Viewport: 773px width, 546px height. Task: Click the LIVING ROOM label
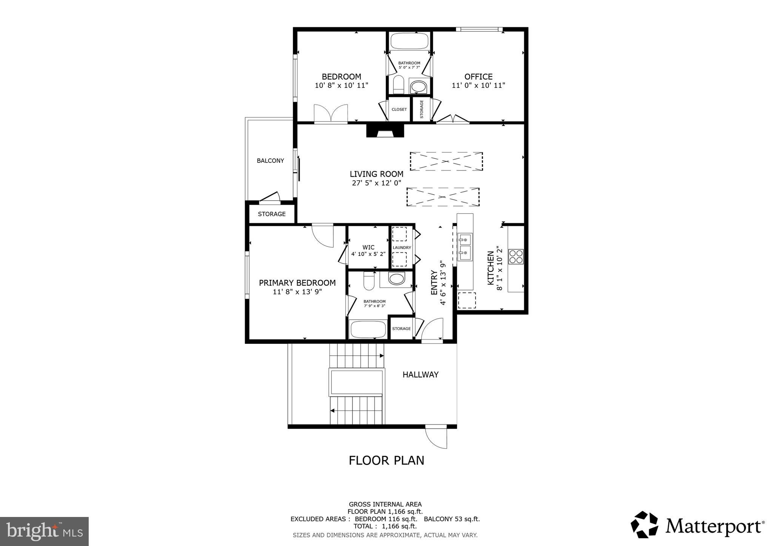376,174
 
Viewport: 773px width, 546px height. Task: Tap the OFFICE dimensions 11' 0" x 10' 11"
478,86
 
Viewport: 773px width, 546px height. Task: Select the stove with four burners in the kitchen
516,256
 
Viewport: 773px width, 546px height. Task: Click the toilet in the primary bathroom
369,282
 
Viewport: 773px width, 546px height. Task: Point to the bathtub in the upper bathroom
409,41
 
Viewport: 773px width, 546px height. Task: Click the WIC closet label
368,247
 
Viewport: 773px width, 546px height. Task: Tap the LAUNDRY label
402,248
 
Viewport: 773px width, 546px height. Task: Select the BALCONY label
270,161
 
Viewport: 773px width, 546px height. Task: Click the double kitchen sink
465,247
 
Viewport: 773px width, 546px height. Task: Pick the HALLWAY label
420,374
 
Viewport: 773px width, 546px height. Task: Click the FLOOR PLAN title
386,460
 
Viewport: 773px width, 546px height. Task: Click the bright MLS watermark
44,531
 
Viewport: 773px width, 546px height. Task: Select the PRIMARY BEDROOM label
297,283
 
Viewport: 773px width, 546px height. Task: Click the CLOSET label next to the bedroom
399,109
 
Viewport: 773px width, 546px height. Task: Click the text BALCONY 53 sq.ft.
452,519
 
